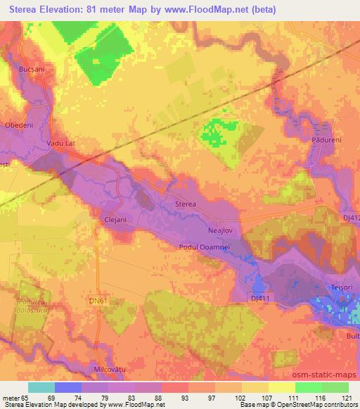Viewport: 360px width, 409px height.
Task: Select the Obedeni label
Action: [19, 125]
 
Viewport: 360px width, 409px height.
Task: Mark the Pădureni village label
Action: [325, 141]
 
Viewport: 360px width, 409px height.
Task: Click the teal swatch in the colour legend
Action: [41, 387]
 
